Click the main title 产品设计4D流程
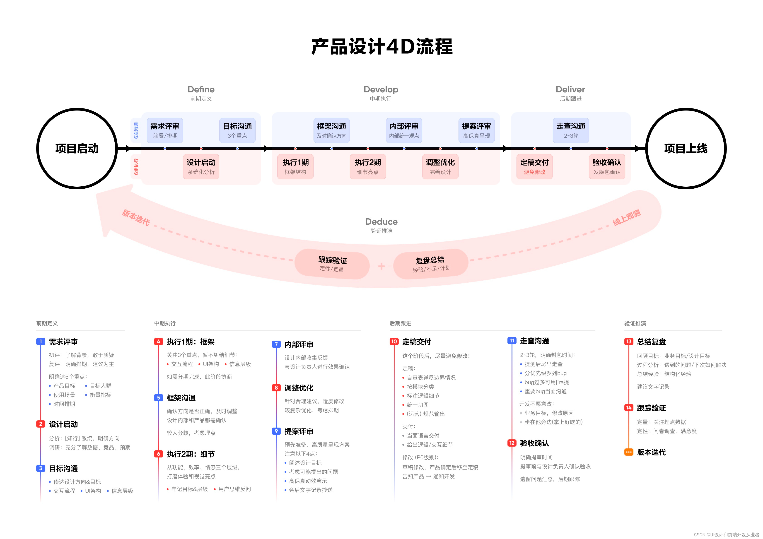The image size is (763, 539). pos(381,46)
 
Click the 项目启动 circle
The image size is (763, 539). pos(77,149)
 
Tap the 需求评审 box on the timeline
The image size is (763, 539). pos(165,130)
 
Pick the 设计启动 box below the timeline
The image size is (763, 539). pos(201,166)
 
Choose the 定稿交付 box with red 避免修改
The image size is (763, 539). pos(534,166)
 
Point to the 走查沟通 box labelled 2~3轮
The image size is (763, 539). pos(571,130)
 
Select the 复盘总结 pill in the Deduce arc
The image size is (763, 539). pos(431,264)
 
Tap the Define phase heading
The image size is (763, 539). pos(201,89)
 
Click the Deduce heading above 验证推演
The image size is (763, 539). pos(381,222)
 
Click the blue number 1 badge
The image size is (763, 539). pos(41,341)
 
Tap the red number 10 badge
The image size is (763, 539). pos(394,341)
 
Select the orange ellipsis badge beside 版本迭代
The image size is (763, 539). pos(628,452)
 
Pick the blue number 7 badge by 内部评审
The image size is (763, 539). pos(276,344)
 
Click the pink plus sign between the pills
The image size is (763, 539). pos(381,266)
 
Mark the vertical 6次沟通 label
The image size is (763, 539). pos(136,130)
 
